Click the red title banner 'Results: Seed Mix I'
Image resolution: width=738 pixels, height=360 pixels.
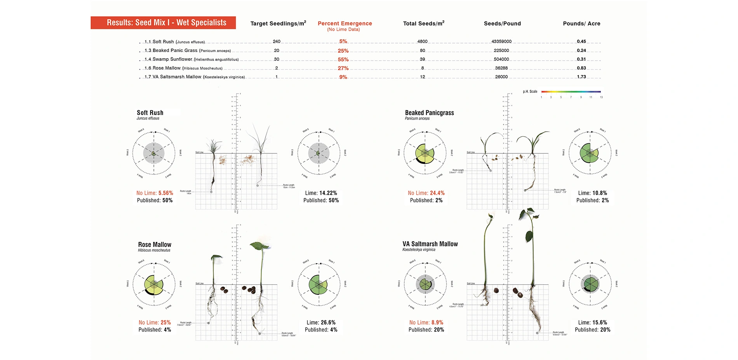tap(163, 23)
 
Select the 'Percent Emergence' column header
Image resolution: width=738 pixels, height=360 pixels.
tap(345, 24)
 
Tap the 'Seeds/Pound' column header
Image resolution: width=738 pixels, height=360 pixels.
tap(502, 24)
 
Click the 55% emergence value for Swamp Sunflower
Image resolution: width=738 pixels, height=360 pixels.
tap(343, 59)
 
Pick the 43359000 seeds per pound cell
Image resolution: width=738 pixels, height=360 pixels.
tap(501, 42)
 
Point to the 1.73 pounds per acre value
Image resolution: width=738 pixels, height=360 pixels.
tap(581, 77)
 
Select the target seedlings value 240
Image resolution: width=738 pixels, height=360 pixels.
tap(276, 42)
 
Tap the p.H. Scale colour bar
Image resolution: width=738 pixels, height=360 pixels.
tap(571, 92)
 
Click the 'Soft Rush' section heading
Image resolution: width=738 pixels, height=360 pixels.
tap(150, 113)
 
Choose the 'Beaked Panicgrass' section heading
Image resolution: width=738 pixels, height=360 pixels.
tap(429, 113)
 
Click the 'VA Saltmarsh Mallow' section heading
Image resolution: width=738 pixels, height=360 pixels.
tap(430, 244)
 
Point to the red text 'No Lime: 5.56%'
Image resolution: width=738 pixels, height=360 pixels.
tap(155, 193)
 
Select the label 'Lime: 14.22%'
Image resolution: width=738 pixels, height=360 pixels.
tap(321, 193)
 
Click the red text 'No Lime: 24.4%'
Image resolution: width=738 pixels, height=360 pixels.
tap(426, 193)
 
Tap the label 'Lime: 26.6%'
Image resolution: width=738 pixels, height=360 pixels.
tap(321, 322)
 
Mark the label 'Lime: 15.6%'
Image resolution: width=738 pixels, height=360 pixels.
tap(592, 322)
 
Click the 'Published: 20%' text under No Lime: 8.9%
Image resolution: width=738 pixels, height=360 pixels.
tap(426, 330)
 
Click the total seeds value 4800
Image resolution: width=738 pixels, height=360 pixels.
tap(422, 42)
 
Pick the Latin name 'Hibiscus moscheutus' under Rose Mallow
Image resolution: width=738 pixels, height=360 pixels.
tap(154, 250)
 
